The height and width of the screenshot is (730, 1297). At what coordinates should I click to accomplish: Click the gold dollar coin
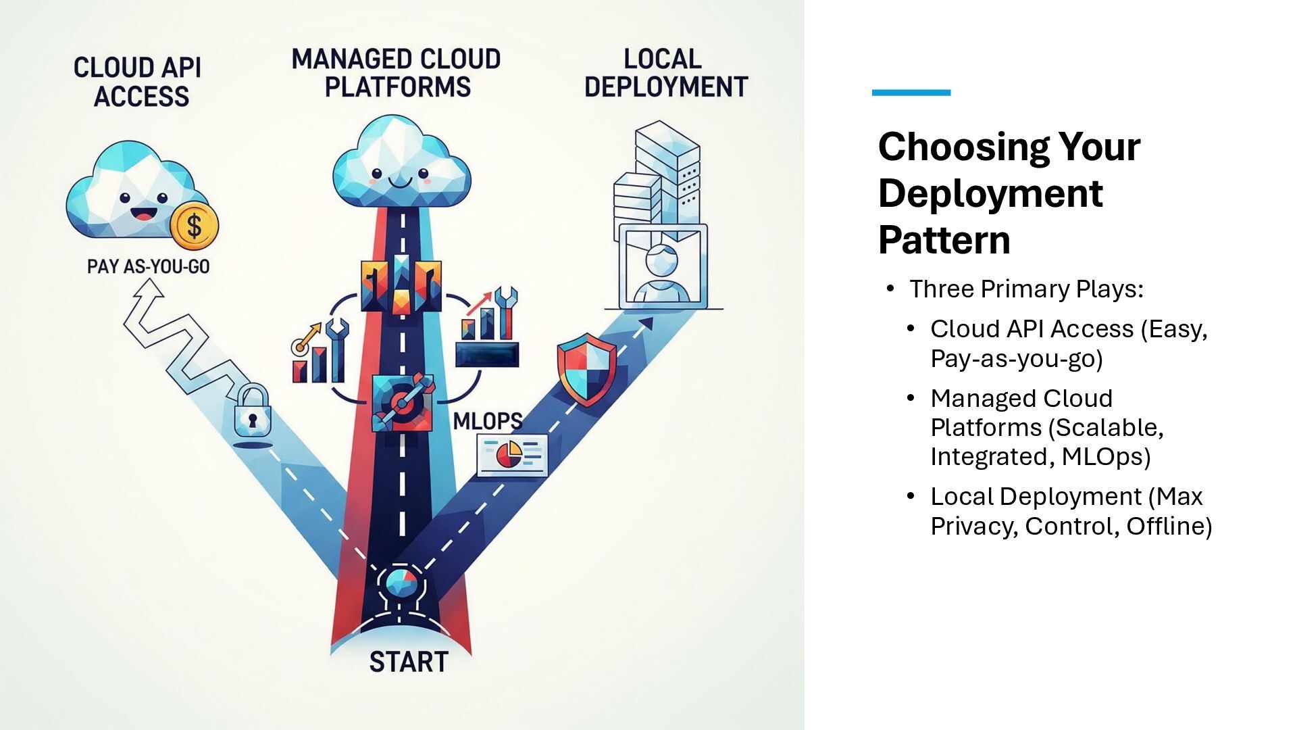point(194,226)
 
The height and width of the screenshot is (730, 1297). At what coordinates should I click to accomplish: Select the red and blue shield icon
point(586,368)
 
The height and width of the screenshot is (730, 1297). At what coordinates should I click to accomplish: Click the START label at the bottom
point(408,662)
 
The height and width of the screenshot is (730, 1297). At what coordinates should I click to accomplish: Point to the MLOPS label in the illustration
point(487,421)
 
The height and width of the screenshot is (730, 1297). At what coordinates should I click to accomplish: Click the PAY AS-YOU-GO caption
point(148,266)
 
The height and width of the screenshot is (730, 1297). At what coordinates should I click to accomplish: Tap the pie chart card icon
point(512,454)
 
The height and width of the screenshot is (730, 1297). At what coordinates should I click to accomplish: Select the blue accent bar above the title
point(911,93)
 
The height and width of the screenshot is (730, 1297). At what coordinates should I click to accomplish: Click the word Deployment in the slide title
point(990,193)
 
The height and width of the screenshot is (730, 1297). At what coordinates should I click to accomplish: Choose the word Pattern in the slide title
point(944,240)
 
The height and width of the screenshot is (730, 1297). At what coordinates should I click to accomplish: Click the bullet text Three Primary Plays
point(1025,289)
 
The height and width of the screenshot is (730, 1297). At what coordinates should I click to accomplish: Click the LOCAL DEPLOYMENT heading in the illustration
point(665,73)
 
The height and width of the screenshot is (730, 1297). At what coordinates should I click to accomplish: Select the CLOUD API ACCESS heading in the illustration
point(138,82)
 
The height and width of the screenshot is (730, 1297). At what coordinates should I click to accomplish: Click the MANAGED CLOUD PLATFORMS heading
point(397,73)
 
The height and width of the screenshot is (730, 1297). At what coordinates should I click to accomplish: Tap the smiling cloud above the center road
point(401,166)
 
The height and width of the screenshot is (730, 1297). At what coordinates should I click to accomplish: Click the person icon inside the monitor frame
point(662,274)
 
